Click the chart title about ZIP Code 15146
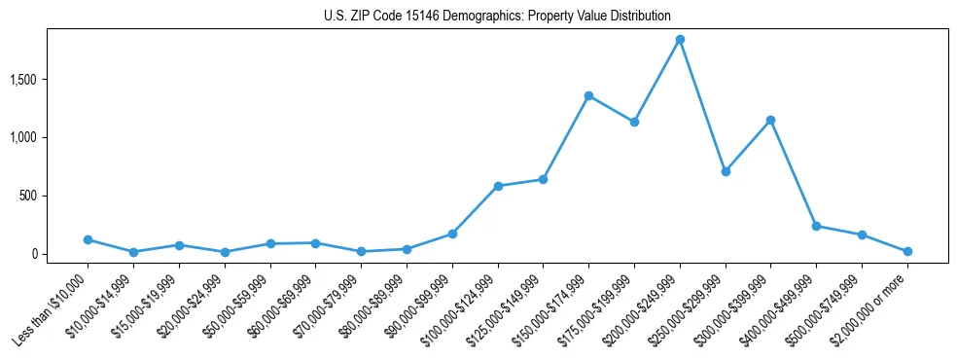point(497,16)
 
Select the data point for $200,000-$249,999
point(680,40)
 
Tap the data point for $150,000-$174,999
point(588,95)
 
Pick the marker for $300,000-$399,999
point(770,120)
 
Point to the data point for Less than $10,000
point(88,239)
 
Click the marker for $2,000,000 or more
point(907,251)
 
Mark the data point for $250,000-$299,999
point(725,171)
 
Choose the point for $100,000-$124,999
point(498,186)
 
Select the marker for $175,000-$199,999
point(634,122)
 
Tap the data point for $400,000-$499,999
point(816,226)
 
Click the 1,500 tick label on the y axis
point(51,79)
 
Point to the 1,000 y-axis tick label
point(51,137)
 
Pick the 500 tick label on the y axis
point(56,196)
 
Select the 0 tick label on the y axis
point(62,254)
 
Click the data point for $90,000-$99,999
point(452,234)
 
